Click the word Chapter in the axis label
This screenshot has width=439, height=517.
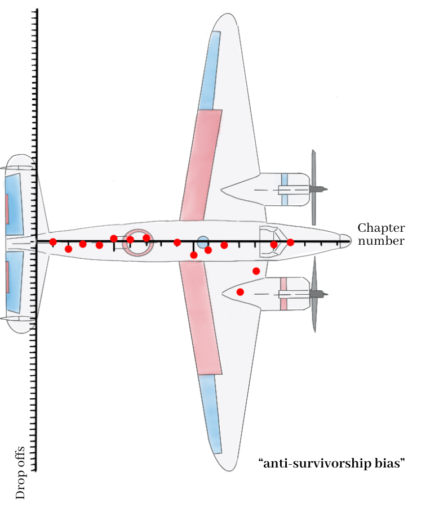(x=381, y=228)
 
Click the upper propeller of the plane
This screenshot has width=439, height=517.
(x=314, y=187)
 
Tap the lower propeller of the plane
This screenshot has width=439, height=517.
(x=314, y=294)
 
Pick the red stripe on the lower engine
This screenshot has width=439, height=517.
(x=283, y=294)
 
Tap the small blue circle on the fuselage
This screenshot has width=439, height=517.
(x=203, y=242)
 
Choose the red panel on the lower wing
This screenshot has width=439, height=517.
(x=200, y=318)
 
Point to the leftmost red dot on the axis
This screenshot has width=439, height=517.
(x=53, y=242)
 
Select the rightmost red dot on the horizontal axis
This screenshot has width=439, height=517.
(x=290, y=242)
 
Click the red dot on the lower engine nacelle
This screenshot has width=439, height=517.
(x=240, y=292)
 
